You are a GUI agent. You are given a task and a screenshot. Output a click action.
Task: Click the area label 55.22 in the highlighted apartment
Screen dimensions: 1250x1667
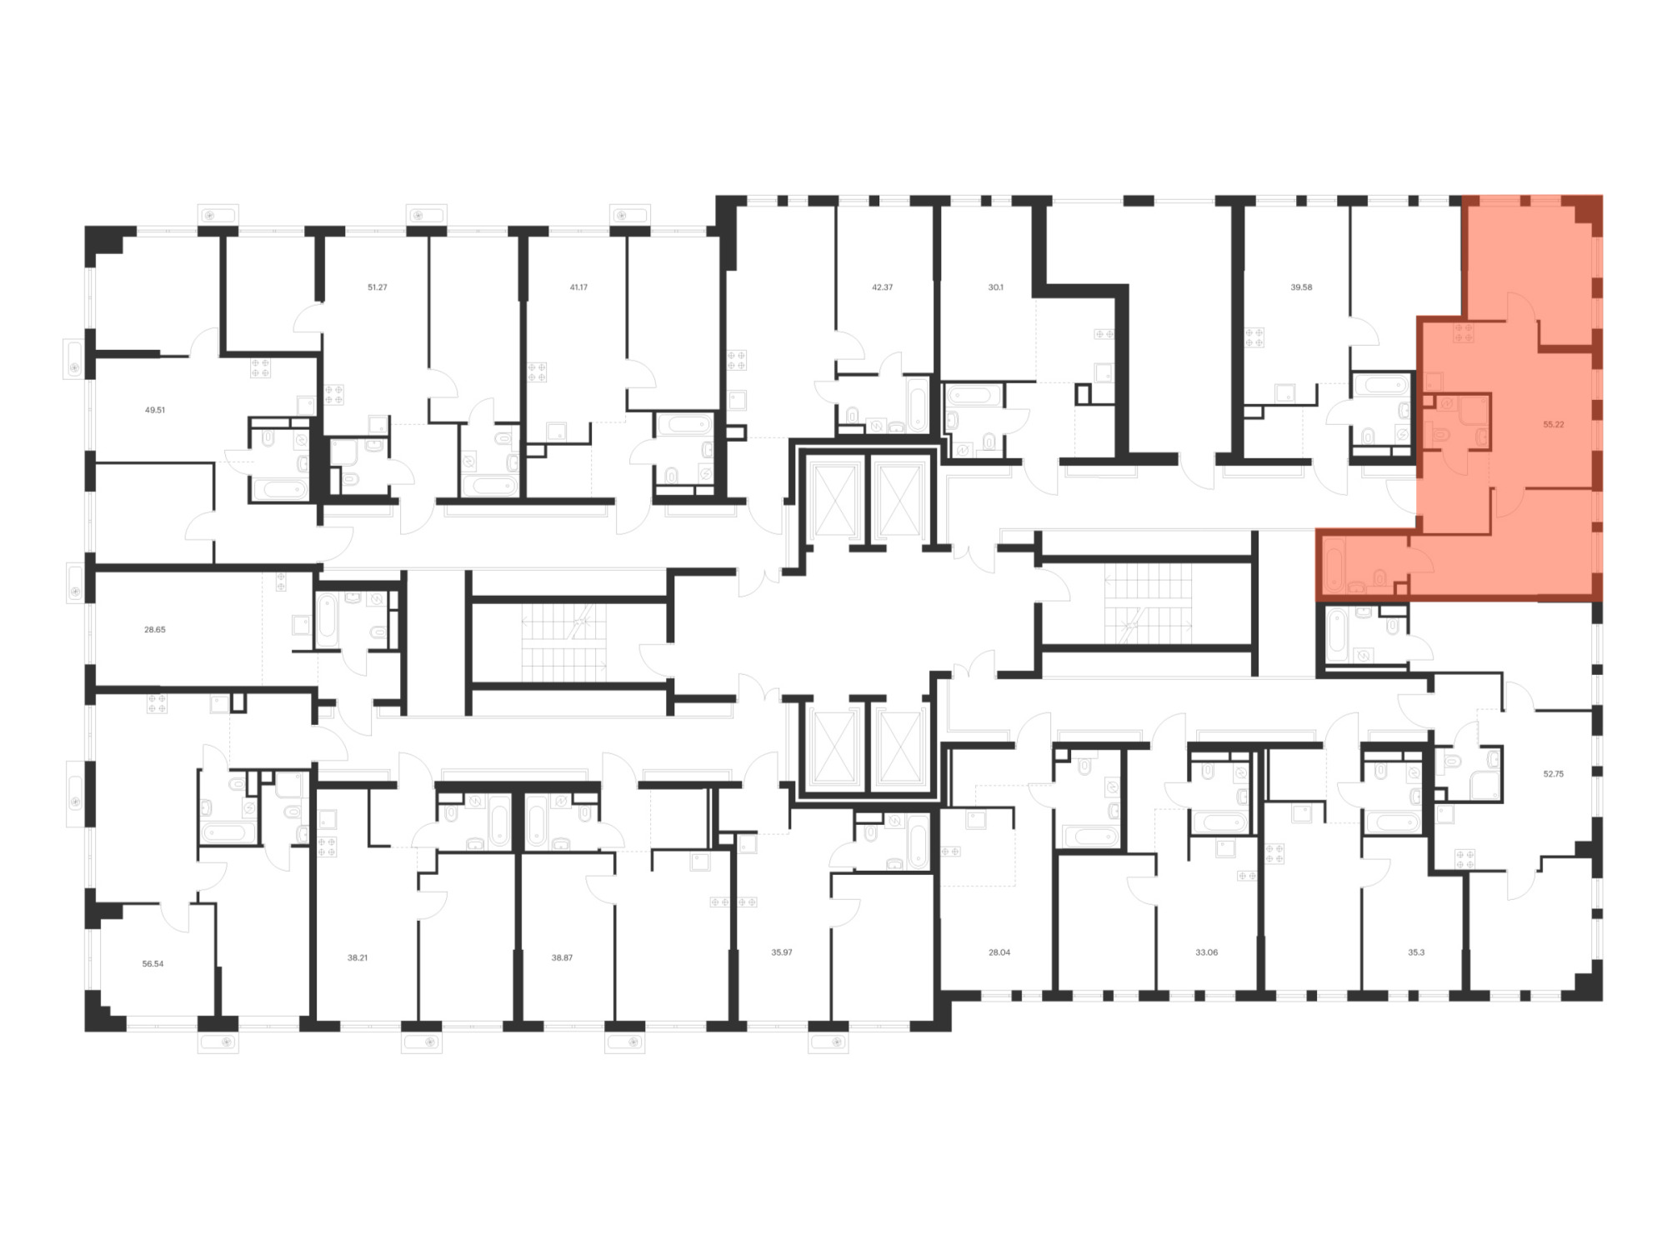pos(1553,424)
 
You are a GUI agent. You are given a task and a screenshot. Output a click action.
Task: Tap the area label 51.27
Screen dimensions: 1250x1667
pos(377,287)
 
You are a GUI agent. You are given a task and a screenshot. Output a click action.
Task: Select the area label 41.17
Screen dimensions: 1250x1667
pos(578,287)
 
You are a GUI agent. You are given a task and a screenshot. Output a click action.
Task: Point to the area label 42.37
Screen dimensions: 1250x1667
pos(882,287)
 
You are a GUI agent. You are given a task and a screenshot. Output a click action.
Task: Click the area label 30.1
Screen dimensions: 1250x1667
pos(995,287)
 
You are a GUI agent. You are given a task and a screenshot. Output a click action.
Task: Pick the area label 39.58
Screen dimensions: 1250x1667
pos(1301,287)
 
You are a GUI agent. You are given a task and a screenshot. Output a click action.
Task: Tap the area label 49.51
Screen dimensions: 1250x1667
pos(154,410)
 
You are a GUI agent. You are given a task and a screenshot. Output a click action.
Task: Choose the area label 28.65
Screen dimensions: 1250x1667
pos(154,630)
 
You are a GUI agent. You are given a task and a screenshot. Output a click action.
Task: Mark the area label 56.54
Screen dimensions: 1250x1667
pos(153,963)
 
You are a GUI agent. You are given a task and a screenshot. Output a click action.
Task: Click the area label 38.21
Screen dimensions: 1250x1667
pos(357,957)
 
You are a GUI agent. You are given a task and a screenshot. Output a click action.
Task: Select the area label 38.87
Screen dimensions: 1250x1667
pos(562,957)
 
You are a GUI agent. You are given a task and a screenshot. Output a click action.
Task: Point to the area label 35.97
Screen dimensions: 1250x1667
pos(781,952)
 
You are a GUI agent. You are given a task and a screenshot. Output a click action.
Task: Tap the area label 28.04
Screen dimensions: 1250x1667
pos(999,952)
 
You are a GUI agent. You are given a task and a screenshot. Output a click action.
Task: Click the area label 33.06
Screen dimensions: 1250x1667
pos(1206,952)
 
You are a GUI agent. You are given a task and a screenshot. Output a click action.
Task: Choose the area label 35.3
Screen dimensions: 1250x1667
pos(1416,952)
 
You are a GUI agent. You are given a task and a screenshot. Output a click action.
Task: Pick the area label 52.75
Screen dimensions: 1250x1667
pos(1553,773)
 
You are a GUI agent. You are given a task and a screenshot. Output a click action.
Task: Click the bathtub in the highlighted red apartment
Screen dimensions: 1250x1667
pos(1334,565)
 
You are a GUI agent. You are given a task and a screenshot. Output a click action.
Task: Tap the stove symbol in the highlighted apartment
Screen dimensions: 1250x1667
pos(1463,333)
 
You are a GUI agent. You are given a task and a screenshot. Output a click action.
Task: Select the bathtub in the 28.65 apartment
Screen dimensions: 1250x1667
pos(327,621)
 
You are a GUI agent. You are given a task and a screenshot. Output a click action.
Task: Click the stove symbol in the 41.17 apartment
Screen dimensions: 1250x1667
pos(537,372)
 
